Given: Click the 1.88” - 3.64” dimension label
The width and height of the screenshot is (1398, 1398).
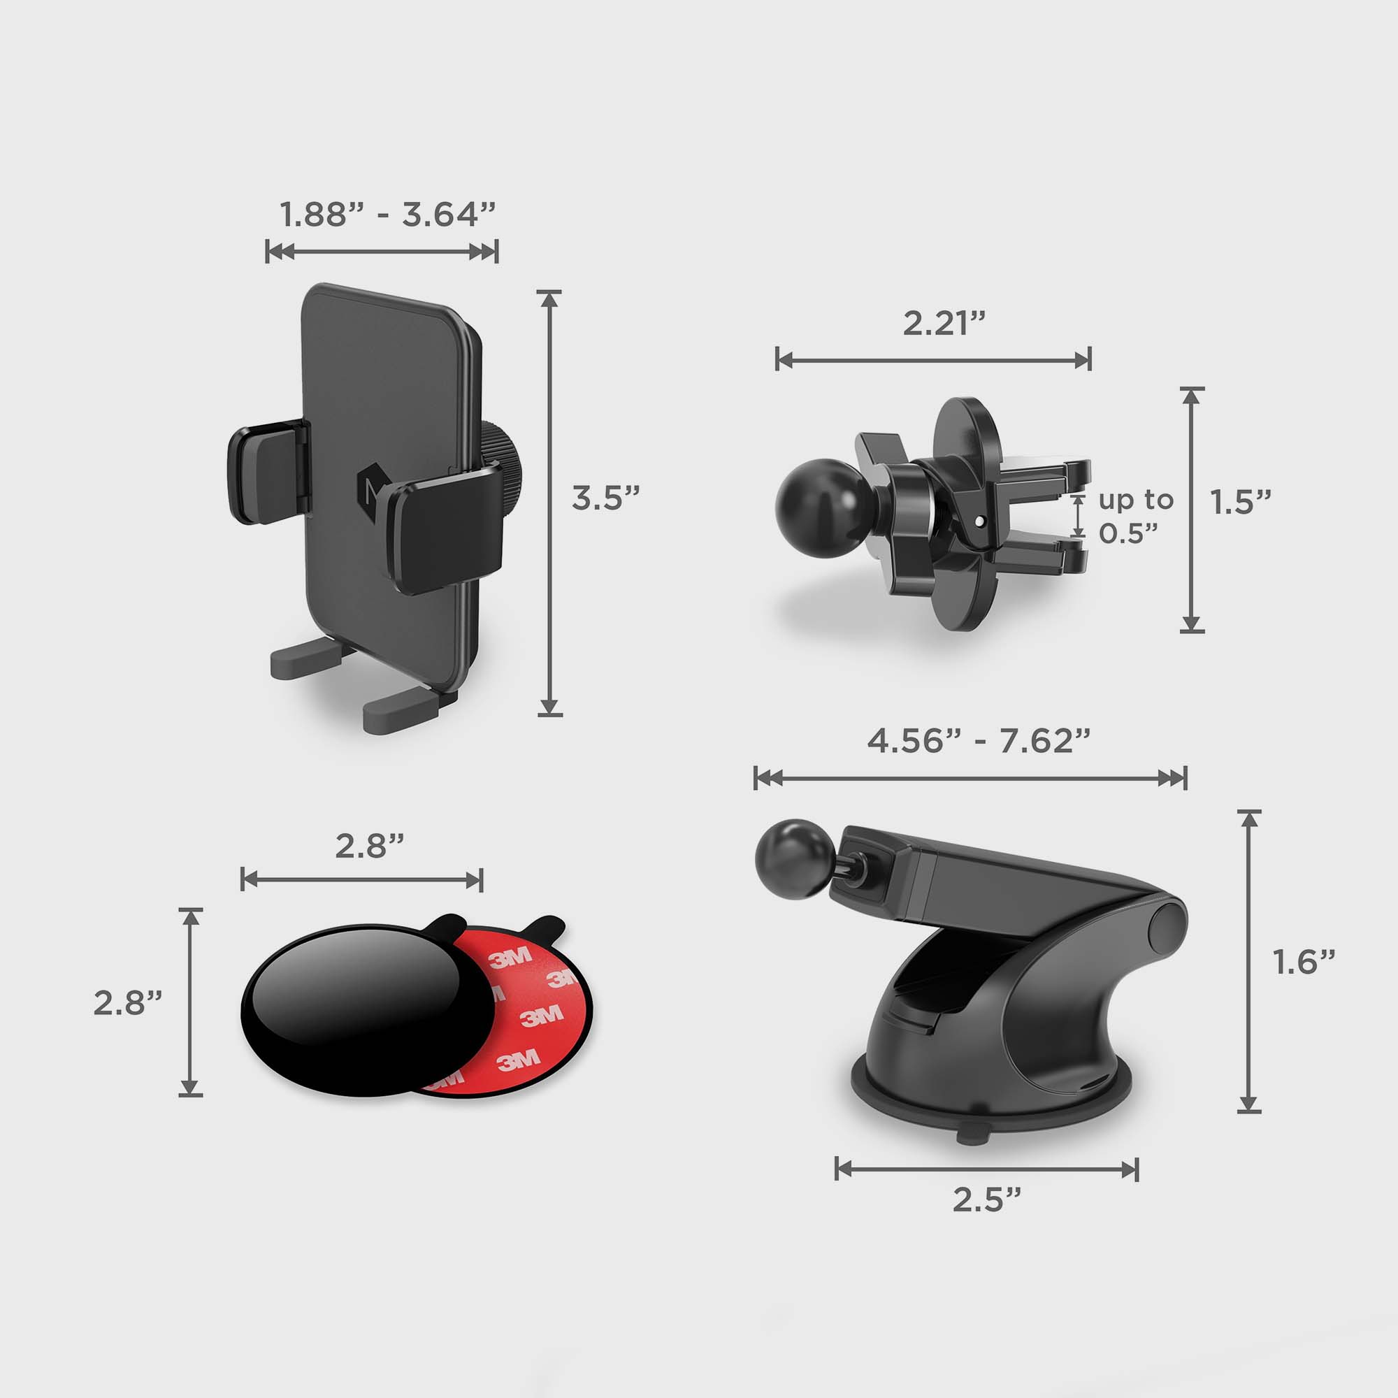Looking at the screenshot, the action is (388, 214).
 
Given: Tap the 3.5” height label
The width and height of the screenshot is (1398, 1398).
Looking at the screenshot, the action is (605, 498).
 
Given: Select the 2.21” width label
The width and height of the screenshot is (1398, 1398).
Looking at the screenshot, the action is (944, 323).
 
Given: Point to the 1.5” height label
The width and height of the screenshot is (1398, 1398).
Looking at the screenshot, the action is (1241, 502).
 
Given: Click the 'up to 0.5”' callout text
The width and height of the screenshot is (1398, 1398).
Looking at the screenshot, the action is (1135, 516).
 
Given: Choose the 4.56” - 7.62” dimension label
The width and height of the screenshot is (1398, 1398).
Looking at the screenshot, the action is (979, 741).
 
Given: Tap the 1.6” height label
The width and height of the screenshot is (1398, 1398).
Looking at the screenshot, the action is (1304, 962).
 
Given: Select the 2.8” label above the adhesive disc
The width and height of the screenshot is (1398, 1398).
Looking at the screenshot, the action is (370, 846).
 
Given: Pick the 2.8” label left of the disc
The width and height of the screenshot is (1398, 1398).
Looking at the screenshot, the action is (127, 1003).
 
